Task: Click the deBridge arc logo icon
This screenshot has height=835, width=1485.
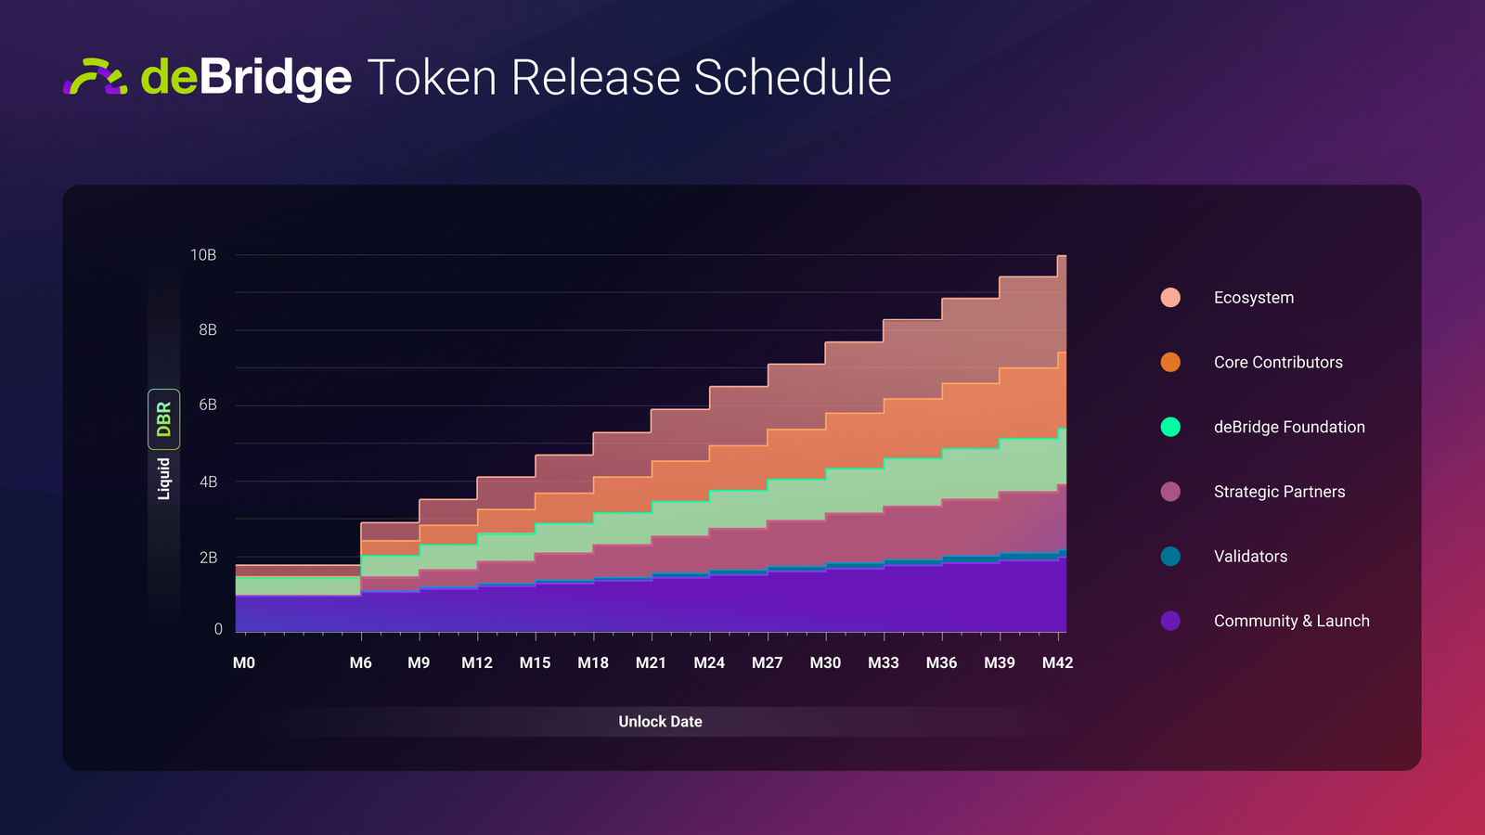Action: (x=95, y=77)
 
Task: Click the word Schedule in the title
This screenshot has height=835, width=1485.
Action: (x=793, y=77)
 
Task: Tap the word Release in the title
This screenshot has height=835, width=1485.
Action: (x=596, y=77)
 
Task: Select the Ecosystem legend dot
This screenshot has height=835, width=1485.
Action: (x=1170, y=298)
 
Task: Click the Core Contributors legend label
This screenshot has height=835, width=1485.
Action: (x=1278, y=363)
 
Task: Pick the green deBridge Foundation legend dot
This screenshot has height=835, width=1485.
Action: (x=1170, y=427)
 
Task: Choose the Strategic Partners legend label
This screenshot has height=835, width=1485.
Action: (x=1279, y=492)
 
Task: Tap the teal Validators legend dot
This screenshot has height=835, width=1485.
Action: (x=1170, y=557)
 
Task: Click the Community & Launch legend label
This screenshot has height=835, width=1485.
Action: (x=1291, y=621)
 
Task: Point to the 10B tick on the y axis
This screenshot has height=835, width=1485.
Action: (x=203, y=255)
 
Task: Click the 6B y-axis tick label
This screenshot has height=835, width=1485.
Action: (x=208, y=405)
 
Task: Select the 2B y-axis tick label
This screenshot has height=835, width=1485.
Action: (x=208, y=558)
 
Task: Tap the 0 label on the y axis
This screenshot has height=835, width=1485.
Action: (x=218, y=629)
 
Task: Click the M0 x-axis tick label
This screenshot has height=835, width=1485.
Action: (x=244, y=662)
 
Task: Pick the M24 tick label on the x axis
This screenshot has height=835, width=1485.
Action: (x=709, y=662)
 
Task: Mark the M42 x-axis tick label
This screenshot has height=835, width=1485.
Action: (x=1057, y=662)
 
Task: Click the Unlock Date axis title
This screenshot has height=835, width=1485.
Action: (x=660, y=722)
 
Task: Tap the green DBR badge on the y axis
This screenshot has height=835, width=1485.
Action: (x=164, y=419)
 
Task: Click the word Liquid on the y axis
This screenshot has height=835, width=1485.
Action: (x=164, y=479)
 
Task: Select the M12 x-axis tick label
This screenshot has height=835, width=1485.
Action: (x=477, y=662)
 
